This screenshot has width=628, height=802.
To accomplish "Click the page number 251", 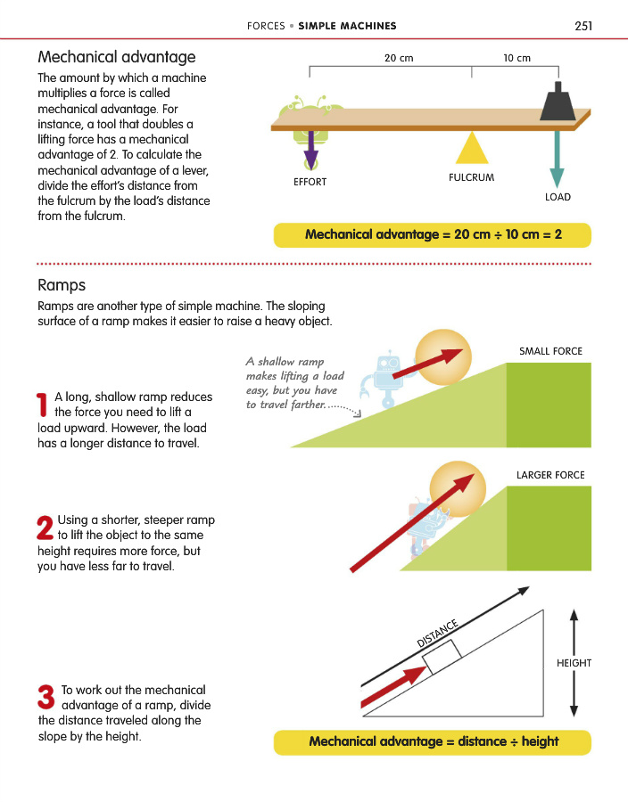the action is click(x=583, y=26).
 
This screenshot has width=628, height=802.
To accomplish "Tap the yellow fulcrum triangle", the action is click(x=471, y=148).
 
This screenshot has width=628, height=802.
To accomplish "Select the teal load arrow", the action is click(x=557, y=160).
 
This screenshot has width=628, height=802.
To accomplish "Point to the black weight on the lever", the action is click(x=558, y=102).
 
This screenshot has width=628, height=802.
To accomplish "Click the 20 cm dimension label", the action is click(x=399, y=58).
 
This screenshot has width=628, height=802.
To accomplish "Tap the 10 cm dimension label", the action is click(x=516, y=58).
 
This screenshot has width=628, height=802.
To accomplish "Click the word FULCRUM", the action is click(x=471, y=177).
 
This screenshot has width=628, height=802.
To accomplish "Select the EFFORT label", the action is click(x=310, y=182).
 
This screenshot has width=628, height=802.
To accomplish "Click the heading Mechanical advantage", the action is click(x=117, y=57).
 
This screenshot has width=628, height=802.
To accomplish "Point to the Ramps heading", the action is click(x=62, y=285).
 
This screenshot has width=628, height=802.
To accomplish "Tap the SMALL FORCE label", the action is click(x=550, y=351).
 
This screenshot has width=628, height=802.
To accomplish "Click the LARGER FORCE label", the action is click(x=550, y=475).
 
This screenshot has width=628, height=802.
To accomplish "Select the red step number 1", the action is click(x=43, y=405).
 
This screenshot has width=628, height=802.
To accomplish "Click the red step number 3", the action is click(x=46, y=697).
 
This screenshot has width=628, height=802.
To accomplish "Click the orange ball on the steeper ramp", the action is click(x=457, y=489).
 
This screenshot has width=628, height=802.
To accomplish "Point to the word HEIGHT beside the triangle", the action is click(x=574, y=663).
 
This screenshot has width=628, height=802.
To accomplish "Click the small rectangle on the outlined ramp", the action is click(x=442, y=657).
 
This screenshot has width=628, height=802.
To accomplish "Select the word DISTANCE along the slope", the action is click(x=437, y=634).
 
